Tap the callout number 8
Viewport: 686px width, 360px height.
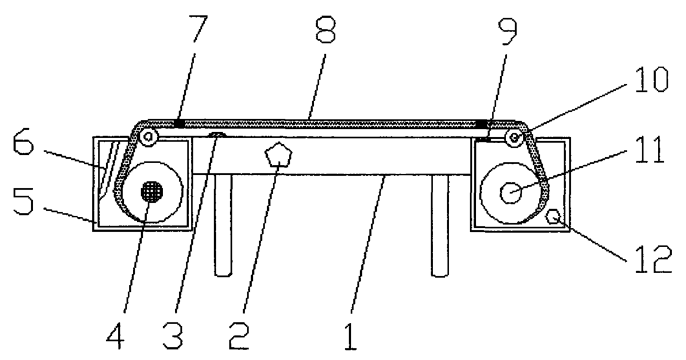click(325, 29)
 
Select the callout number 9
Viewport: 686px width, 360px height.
click(507, 32)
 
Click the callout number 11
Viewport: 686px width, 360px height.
click(649, 150)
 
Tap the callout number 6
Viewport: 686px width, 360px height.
click(23, 141)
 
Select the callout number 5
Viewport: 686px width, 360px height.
click(23, 201)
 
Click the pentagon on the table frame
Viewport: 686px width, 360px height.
click(278, 155)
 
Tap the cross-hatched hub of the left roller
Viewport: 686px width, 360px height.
click(152, 192)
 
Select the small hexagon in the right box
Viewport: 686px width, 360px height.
click(553, 216)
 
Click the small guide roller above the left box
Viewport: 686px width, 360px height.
click(148, 137)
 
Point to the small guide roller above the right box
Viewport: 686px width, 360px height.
click(514, 138)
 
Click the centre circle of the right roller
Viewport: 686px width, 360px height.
click(511, 193)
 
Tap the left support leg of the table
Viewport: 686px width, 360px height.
click(224, 226)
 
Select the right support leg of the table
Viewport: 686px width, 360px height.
click(440, 226)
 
